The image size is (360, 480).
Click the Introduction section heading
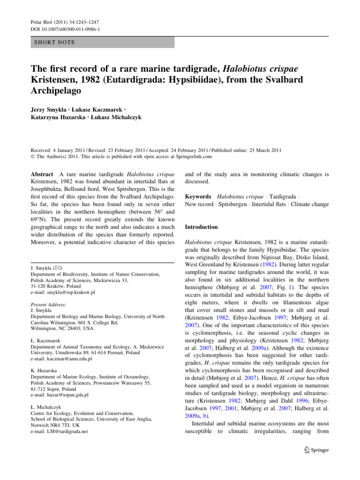pos(202,227)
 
